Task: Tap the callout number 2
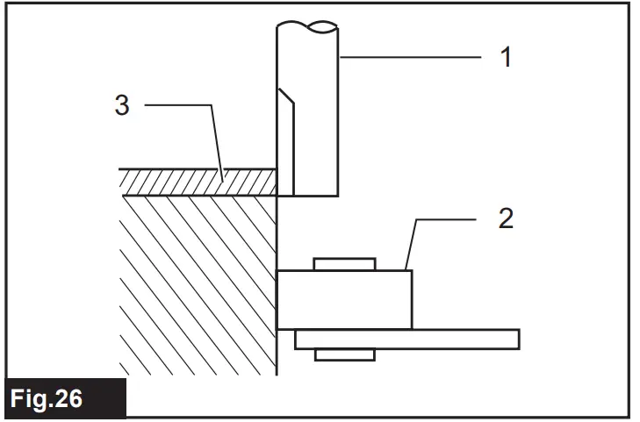506,218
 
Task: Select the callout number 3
122,105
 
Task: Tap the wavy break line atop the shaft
307,25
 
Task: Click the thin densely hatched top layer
198,182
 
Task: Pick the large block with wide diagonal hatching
198,281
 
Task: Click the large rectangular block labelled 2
344,299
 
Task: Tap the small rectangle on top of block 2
344,263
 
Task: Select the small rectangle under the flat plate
344,354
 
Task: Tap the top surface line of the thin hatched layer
198,169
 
